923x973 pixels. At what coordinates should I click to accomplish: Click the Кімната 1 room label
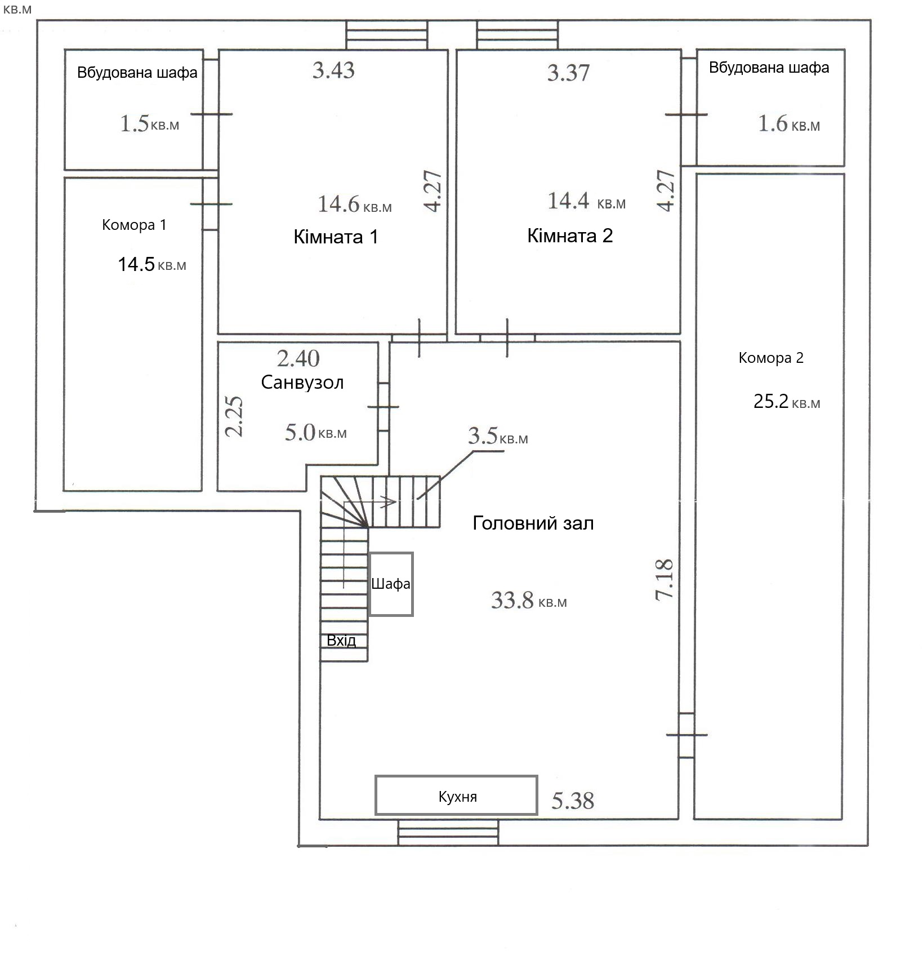click(x=336, y=237)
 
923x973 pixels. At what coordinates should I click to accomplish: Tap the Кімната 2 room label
click(x=570, y=236)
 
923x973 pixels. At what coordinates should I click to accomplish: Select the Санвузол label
click(x=302, y=383)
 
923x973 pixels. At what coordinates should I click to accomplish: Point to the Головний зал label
click(x=533, y=523)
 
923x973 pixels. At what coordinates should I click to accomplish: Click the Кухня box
click(x=457, y=795)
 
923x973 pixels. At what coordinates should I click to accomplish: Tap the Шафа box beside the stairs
click(x=391, y=584)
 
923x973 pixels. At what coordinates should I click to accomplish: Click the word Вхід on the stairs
click(x=341, y=641)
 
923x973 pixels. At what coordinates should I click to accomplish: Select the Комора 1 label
click(x=134, y=225)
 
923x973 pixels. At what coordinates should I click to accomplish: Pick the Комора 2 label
click(x=771, y=358)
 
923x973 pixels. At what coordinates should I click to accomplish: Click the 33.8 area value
click(x=512, y=600)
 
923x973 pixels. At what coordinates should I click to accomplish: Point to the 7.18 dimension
click(x=665, y=579)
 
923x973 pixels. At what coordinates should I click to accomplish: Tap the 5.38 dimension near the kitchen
click(x=573, y=801)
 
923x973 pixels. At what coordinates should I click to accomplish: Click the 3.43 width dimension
click(x=334, y=70)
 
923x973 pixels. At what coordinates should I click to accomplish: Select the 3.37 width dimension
click(x=568, y=73)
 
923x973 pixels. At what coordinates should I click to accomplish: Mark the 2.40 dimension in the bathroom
click(x=298, y=358)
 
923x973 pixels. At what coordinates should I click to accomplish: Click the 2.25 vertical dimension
click(x=234, y=416)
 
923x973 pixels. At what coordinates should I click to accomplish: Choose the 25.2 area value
click(x=771, y=401)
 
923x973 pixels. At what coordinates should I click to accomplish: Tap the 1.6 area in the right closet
click(x=773, y=123)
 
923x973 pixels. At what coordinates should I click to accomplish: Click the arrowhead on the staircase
click(x=389, y=501)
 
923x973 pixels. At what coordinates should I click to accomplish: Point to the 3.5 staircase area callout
click(x=483, y=436)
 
